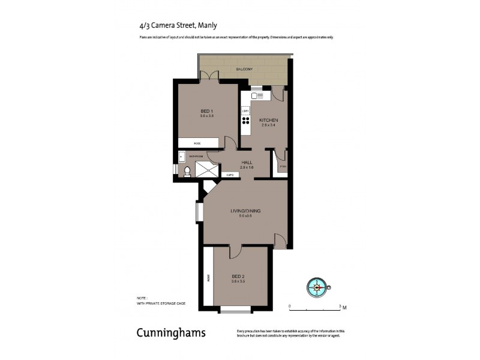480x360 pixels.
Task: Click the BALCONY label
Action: [x=244, y=70]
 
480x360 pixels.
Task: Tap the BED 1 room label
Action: [x=206, y=110]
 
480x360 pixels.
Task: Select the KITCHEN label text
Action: [x=269, y=120]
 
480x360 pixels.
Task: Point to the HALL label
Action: [x=247, y=161]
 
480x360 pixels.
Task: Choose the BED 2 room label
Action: [x=238, y=276]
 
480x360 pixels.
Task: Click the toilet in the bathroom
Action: [x=187, y=172]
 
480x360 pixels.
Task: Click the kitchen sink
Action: [x=257, y=95]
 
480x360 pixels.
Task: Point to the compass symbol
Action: [x=317, y=286]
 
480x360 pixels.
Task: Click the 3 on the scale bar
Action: [x=340, y=306]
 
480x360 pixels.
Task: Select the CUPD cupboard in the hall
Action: [x=229, y=175]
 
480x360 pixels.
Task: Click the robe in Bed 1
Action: [x=197, y=143]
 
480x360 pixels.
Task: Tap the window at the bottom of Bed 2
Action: [x=235, y=310]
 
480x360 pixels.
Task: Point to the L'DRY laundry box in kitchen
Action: [x=245, y=111]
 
